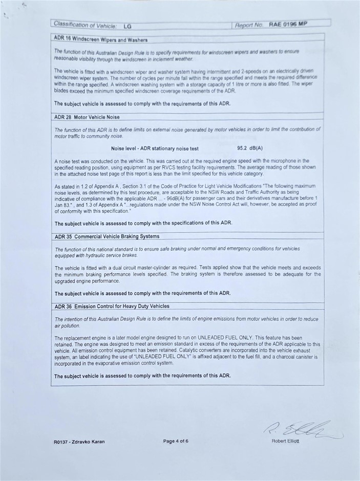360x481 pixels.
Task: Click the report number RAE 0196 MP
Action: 288,24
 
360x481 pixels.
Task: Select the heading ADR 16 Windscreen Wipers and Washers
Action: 101,39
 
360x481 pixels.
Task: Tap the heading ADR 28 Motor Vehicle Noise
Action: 87,117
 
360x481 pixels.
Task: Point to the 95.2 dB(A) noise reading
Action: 250,148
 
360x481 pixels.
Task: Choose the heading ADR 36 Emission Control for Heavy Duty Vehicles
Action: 112,306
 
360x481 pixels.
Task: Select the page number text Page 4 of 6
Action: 176,441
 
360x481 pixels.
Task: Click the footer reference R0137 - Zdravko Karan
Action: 79,442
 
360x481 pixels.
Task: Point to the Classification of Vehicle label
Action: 85,25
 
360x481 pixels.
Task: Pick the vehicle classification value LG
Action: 127,26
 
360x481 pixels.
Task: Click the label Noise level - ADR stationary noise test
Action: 155,148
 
